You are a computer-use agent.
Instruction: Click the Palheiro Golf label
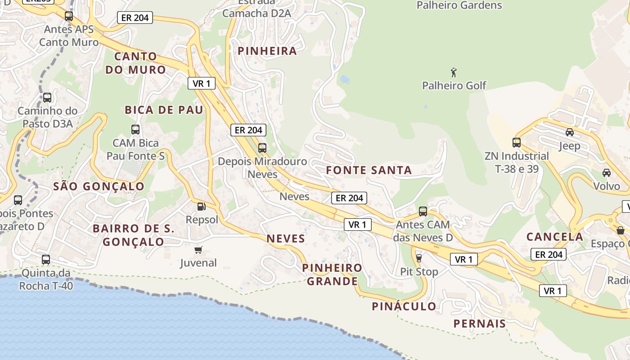(x=454, y=85)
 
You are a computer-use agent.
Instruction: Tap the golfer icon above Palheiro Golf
(x=454, y=72)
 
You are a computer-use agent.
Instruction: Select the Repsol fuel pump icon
(x=202, y=207)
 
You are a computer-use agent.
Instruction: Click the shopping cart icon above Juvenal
(x=198, y=250)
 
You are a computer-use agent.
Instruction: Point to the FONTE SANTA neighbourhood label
(x=369, y=170)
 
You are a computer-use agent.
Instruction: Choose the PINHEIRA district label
(x=267, y=51)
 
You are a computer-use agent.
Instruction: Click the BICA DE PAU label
(x=164, y=110)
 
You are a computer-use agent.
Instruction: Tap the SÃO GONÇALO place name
(x=99, y=186)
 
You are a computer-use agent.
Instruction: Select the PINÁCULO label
(x=404, y=306)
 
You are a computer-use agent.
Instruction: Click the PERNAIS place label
(x=480, y=323)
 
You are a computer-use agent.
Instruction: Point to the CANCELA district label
(x=555, y=236)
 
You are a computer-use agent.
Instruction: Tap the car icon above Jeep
(x=570, y=132)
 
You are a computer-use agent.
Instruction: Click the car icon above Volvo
(x=607, y=173)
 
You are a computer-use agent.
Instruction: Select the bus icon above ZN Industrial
(x=517, y=143)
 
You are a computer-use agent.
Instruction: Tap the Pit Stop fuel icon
(x=419, y=258)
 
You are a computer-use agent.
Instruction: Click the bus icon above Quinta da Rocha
(x=46, y=259)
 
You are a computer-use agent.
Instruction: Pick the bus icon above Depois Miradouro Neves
(x=262, y=148)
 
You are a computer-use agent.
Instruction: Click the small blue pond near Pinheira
(x=345, y=79)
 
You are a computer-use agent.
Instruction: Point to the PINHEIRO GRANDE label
(x=332, y=274)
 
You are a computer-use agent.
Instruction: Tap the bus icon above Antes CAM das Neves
(x=423, y=211)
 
